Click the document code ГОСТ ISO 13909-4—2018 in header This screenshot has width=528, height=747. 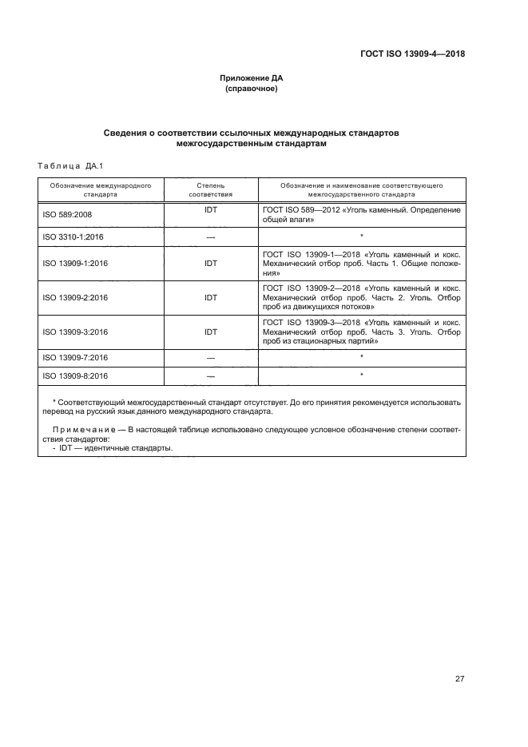point(411,54)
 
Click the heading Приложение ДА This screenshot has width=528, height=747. point(252,78)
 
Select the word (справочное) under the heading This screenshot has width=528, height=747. point(252,89)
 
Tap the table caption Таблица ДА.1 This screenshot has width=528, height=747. point(67,165)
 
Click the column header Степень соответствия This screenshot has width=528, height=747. point(210,189)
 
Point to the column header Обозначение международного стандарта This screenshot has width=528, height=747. point(95,189)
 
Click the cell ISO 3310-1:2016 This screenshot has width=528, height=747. point(70,237)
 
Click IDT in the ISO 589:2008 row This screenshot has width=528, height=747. point(211,210)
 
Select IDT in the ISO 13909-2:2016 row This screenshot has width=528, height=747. point(211,297)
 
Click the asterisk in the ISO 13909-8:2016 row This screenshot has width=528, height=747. point(362,374)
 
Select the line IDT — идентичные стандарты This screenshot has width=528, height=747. point(116,448)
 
